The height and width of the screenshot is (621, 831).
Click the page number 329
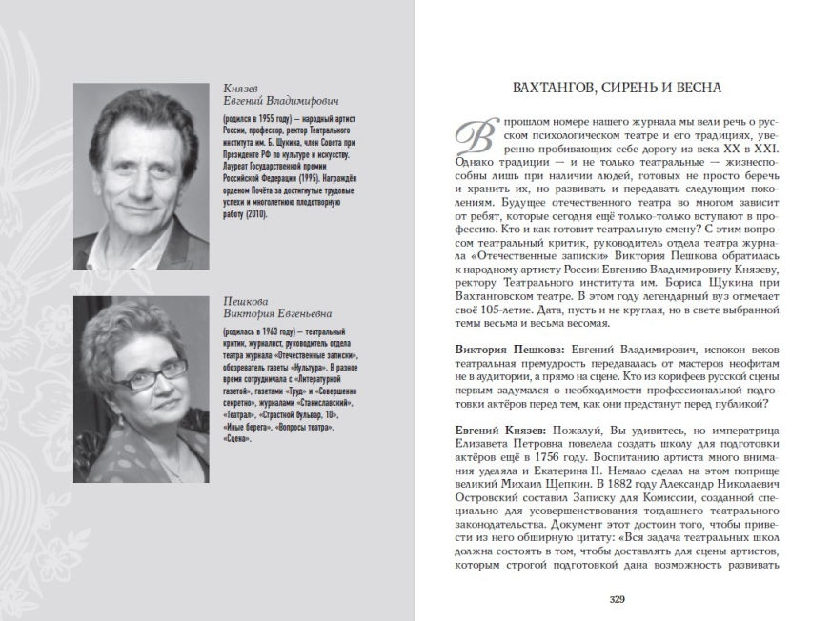pyautogui.click(x=617, y=599)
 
